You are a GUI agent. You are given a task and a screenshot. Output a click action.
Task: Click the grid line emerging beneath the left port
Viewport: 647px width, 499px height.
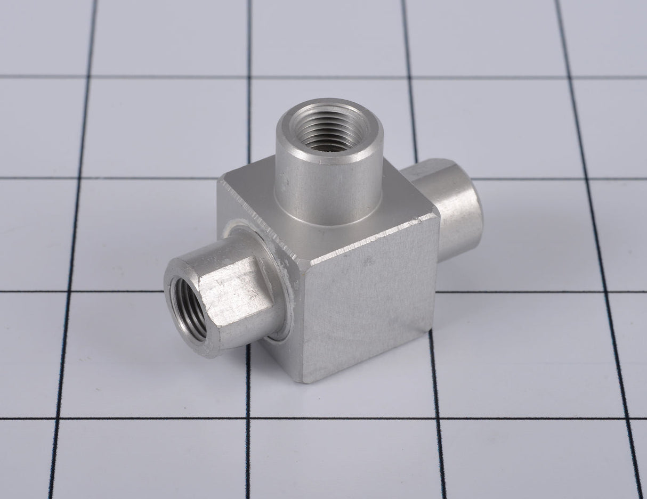(x=247, y=373)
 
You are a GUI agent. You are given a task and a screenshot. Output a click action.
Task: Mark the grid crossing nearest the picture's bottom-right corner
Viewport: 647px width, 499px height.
(x=622, y=418)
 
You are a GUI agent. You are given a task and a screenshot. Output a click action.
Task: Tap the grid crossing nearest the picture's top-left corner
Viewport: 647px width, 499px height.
(x=89, y=77)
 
